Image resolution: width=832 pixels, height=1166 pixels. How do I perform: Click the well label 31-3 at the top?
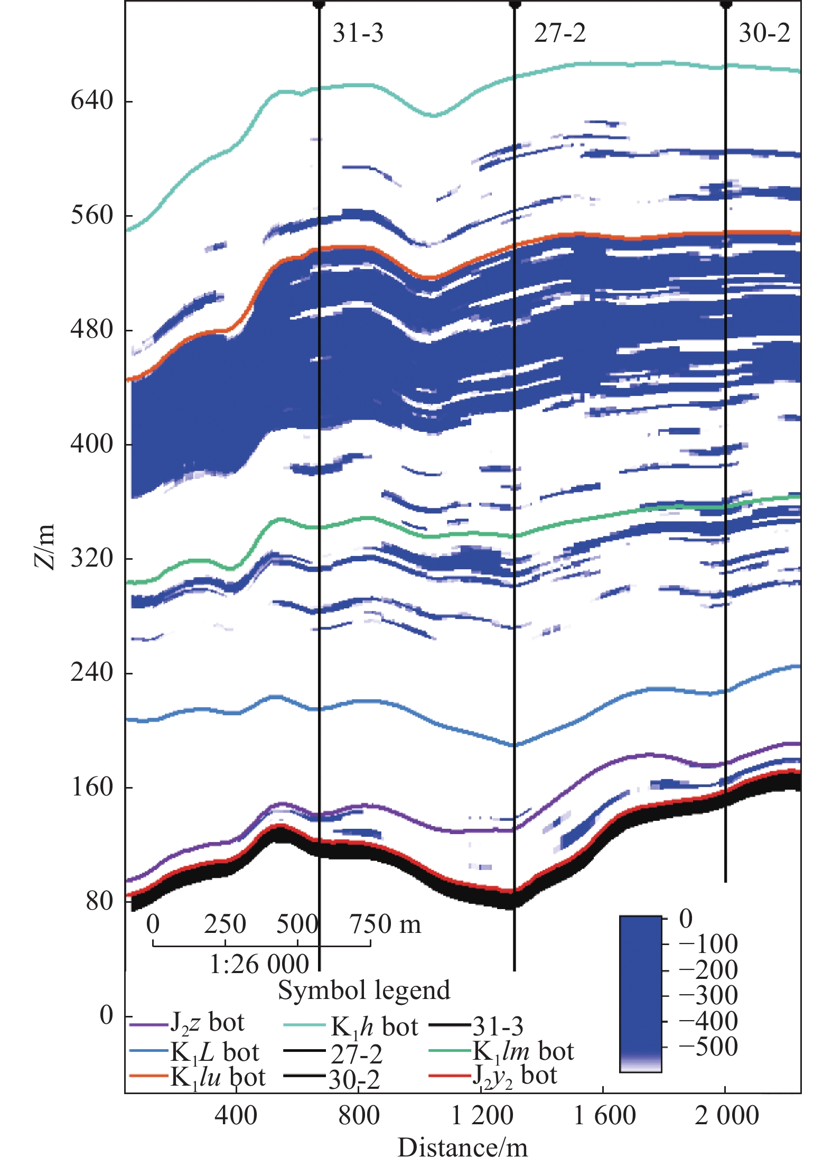point(358,33)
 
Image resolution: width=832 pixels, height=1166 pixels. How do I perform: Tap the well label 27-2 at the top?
point(559,33)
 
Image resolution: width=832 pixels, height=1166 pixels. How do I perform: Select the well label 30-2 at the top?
point(764,33)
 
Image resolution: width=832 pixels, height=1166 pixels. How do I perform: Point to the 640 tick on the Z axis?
point(92,100)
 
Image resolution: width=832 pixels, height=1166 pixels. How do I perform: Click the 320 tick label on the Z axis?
point(92,558)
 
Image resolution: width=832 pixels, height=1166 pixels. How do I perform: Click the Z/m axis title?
point(44,547)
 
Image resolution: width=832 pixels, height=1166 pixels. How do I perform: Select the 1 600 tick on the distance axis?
point(604,1116)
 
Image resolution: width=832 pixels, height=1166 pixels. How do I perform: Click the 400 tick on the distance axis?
point(236,1116)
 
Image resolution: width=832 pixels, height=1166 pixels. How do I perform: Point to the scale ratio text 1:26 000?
point(259,964)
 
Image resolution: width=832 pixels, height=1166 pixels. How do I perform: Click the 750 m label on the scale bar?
point(385,924)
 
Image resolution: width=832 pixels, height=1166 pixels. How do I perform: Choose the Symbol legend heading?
point(364,990)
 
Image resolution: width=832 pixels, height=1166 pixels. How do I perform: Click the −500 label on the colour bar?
point(708,1047)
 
